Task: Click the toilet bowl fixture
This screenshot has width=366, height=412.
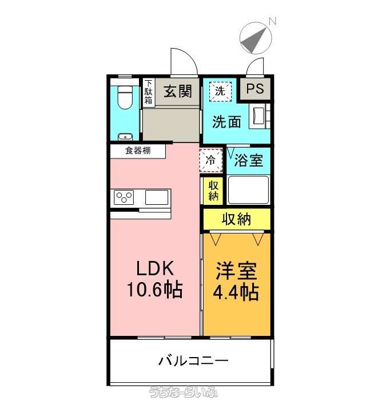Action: click(125, 97)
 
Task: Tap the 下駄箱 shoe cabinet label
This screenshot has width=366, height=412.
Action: click(149, 92)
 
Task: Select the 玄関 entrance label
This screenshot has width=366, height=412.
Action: click(178, 92)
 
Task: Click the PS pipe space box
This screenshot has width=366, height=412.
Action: click(255, 89)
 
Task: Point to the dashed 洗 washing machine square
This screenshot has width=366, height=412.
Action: click(220, 92)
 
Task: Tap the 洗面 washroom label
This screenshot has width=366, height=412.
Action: click(226, 122)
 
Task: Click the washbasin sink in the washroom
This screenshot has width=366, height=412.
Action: click(258, 116)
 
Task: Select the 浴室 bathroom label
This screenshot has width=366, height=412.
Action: click(248, 160)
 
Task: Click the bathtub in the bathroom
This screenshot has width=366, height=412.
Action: click(248, 190)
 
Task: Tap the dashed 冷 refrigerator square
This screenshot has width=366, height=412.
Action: click(211, 160)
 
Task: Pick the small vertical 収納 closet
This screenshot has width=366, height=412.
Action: click(213, 191)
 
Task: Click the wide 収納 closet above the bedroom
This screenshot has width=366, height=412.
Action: click(237, 219)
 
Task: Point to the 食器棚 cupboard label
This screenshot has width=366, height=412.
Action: click(138, 150)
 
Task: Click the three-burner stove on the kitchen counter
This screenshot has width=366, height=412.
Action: click(124, 197)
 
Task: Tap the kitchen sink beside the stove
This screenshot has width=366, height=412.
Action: click(157, 197)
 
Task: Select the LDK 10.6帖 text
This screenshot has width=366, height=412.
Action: click(155, 279)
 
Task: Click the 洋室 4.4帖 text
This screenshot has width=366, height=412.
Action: click(236, 281)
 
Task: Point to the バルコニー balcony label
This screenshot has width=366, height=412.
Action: click(193, 360)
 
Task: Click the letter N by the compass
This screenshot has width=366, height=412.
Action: click(273, 21)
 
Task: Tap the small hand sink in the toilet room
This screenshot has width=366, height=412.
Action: click(125, 137)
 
